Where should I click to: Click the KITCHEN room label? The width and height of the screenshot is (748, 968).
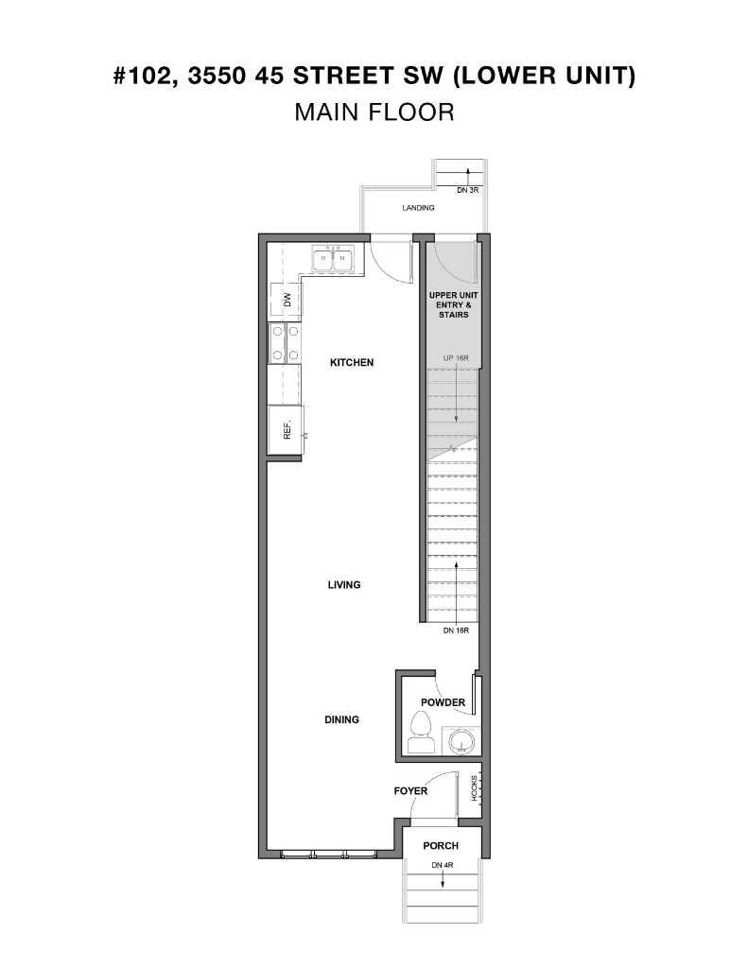click(352, 362)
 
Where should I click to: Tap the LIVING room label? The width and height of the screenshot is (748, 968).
click(344, 585)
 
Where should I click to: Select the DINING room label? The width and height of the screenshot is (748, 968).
click(341, 719)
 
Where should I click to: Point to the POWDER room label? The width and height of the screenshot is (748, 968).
click(443, 702)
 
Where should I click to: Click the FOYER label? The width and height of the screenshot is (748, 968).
click(411, 790)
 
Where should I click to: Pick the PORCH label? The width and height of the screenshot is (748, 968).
click(441, 846)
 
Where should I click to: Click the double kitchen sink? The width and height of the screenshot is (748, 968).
click(332, 259)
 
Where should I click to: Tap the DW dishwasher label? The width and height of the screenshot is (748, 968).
click(286, 301)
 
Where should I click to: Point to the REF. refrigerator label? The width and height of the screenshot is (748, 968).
click(286, 431)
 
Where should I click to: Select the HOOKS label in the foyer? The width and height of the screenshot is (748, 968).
click(475, 788)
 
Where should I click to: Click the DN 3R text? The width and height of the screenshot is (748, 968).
click(469, 191)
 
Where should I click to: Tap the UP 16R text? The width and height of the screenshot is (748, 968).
click(456, 358)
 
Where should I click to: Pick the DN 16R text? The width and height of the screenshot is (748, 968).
click(456, 631)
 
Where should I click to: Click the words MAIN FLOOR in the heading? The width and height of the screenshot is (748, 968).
click(374, 112)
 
